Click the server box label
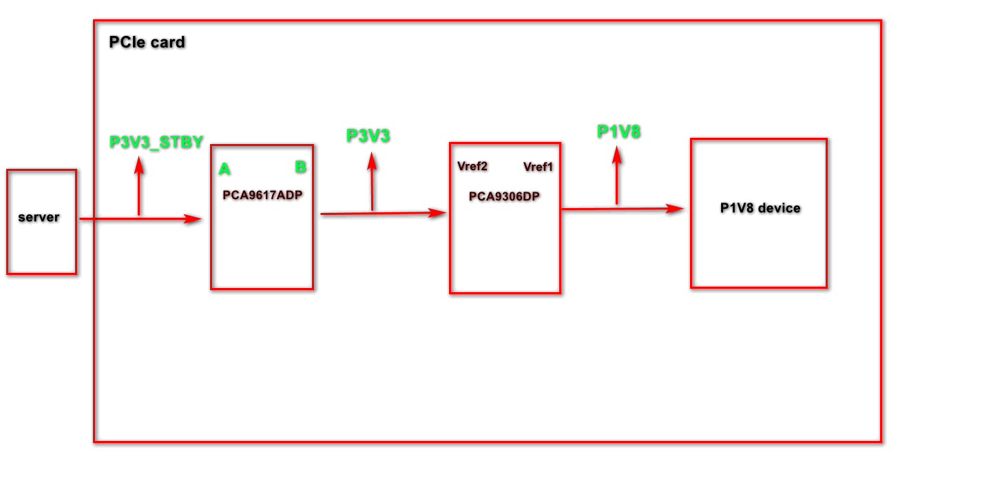(x=39, y=217)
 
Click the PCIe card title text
(x=147, y=42)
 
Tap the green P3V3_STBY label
(x=156, y=142)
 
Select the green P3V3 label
(x=368, y=136)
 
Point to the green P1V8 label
(x=618, y=132)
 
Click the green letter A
(x=224, y=169)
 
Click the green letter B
(x=300, y=167)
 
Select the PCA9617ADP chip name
(x=262, y=194)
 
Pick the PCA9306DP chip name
(x=504, y=196)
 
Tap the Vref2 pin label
(x=472, y=166)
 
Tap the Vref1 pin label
(x=538, y=167)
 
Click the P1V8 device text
(x=760, y=208)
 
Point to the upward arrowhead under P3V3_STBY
(x=139, y=164)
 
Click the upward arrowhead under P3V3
(x=372, y=160)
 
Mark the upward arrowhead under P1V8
(x=616, y=154)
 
